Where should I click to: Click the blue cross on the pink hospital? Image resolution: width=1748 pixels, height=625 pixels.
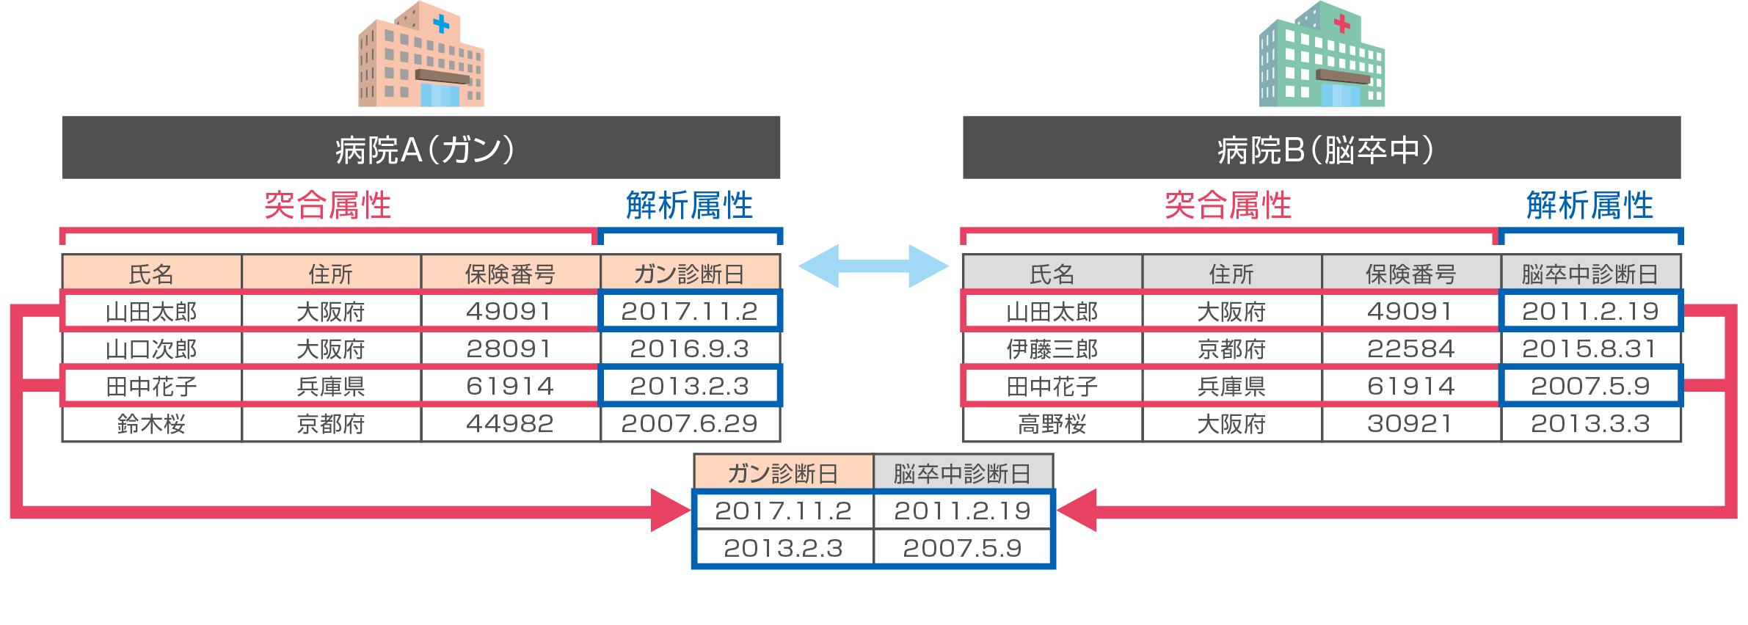441,24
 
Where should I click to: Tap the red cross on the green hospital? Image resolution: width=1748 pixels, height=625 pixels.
1342,24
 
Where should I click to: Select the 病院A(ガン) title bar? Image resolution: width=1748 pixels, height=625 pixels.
421,147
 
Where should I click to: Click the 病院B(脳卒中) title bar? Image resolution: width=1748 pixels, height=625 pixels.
1322,147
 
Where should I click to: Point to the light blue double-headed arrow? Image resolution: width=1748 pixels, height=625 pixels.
873,266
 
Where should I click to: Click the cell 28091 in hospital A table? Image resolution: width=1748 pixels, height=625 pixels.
510,348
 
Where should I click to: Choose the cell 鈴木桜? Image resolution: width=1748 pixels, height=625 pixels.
152,424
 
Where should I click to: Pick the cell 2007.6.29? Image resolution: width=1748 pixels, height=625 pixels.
690,424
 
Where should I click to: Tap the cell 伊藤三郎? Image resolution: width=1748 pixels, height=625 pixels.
1052,348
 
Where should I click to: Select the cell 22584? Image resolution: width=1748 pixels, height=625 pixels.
1411,348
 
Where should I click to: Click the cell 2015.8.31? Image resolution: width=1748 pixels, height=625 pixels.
1590,348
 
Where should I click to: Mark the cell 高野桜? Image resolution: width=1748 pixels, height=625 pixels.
1052,424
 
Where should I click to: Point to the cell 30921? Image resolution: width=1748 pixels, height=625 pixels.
1411,424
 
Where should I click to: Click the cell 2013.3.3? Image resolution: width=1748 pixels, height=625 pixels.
1590,424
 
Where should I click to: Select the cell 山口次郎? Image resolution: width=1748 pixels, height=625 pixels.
152,348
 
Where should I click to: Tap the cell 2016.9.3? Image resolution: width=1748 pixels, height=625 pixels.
690,348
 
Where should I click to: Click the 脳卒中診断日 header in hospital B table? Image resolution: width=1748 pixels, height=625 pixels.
1590,274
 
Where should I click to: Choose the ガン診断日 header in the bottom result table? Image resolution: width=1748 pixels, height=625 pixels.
783,473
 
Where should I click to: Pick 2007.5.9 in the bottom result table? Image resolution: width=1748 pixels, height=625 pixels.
962,548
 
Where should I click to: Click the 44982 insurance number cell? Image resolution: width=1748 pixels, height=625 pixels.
510,424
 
